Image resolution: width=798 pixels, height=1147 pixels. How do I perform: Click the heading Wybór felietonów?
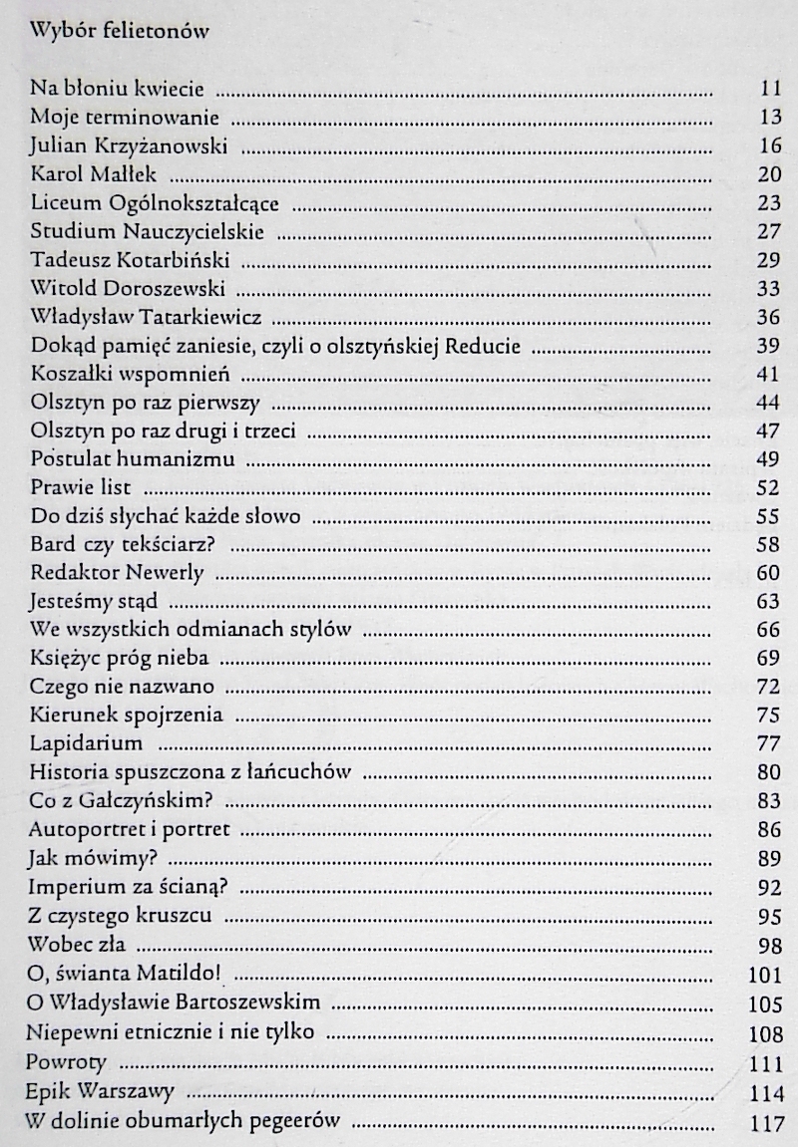(x=119, y=31)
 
